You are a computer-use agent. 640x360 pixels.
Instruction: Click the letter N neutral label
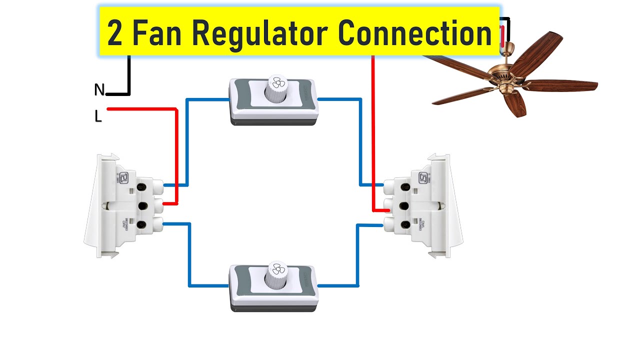[99, 90]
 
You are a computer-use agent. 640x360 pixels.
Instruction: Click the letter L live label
[98, 117]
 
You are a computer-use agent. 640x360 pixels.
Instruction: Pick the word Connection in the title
[414, 32]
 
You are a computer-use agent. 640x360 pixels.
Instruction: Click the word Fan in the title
[158, 33]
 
